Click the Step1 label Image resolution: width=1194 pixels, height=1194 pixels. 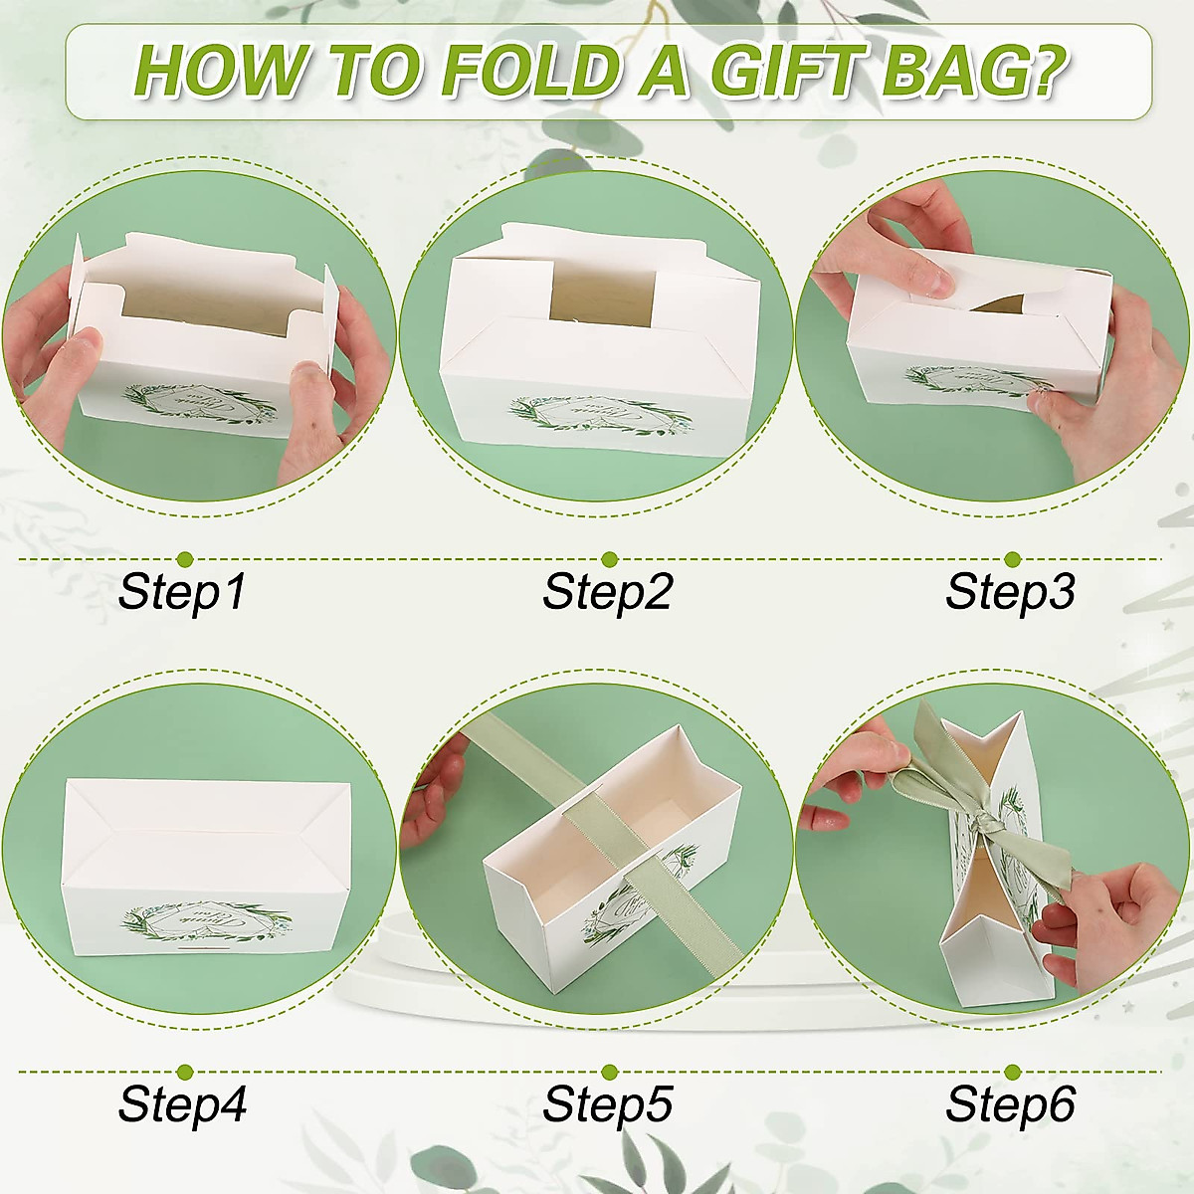tap(181, 592)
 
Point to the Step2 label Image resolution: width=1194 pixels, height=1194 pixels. tap(607, 592)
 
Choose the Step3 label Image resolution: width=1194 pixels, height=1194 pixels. tap(1010, 592)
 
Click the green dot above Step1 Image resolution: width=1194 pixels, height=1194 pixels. tap(184, 559)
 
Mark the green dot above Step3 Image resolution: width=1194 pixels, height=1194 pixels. tap(1012, 559)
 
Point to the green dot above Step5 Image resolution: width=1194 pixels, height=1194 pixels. tap(609, 1072)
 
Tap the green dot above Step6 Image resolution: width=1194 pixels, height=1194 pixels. tap(1012, 1072)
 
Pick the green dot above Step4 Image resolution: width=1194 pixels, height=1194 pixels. tap(184, 1072)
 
